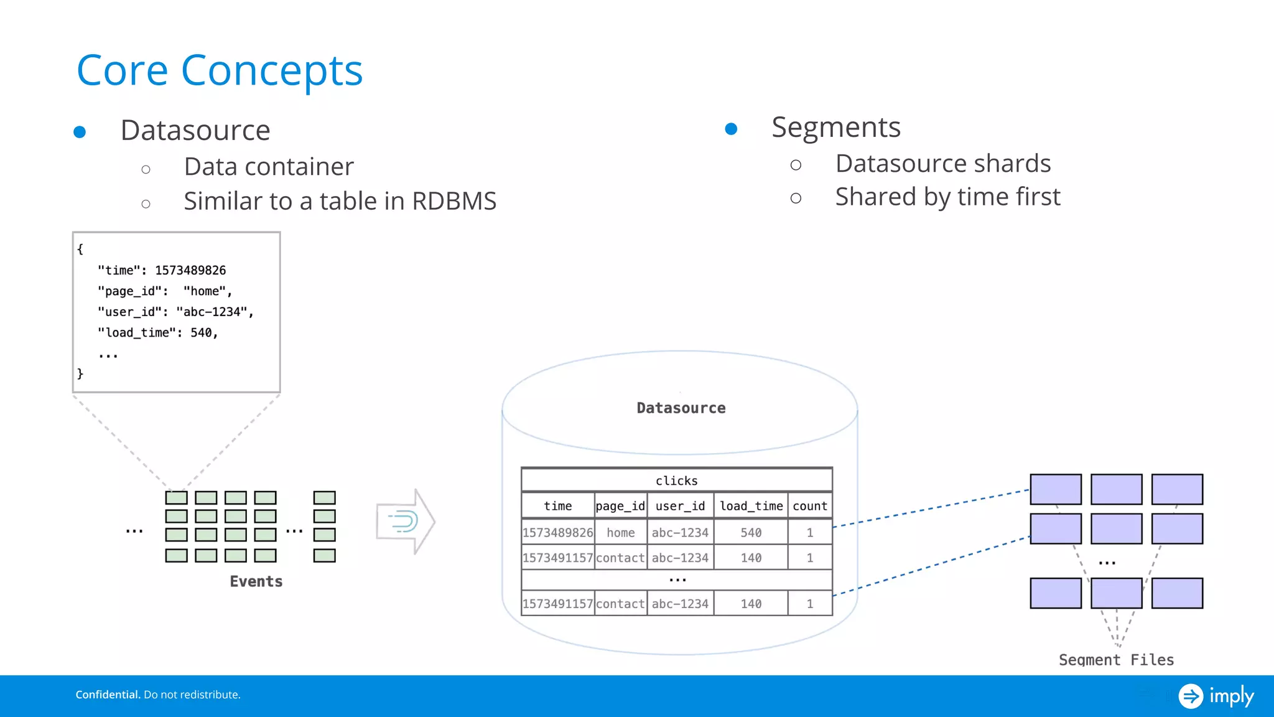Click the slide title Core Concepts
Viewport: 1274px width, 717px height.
point(219,70)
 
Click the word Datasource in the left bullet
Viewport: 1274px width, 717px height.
point(195,130)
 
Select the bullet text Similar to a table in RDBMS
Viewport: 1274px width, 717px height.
point(340,201)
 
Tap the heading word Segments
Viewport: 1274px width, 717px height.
point(835,128)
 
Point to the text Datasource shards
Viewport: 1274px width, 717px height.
point(942,164)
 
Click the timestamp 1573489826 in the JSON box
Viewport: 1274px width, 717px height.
point(190,270)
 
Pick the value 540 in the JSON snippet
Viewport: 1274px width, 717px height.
point(201,333)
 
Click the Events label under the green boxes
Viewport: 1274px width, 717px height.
point(256,581)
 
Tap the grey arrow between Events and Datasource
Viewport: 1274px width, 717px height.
point(406,521)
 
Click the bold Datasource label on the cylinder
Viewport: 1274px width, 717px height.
point(681,408)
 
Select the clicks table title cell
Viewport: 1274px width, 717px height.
point(676,480)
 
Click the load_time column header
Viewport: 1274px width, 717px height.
point(751,506)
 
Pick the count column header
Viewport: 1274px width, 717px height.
point(809,506)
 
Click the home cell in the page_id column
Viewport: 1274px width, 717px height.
point(620,533)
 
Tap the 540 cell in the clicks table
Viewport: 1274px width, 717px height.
point(751,533)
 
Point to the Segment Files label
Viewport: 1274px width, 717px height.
point(1116,660)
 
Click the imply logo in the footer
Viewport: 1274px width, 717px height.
point(1216,696)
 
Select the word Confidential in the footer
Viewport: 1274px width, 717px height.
point(108,695)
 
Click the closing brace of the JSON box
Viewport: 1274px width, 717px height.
point(80,373)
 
